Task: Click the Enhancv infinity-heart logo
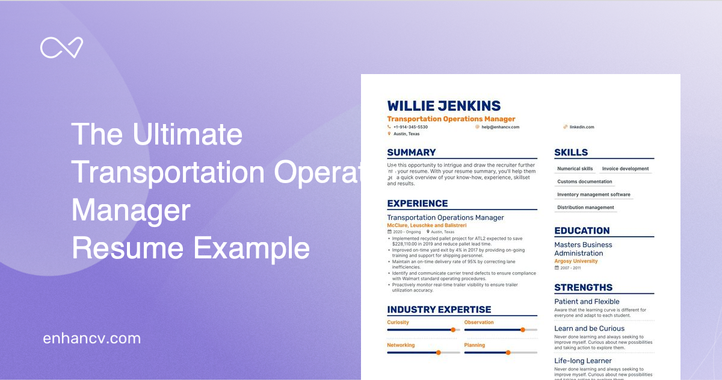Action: pos(61,48)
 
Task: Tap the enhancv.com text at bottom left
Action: pos(91,338)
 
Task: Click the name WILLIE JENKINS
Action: pos(443,106)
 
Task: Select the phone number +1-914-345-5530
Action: pos(410,127)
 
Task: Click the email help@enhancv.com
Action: pos(500,127)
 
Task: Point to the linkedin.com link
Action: pos(582,127)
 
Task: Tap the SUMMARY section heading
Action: pos(412,152)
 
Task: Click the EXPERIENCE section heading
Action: pos(418,204)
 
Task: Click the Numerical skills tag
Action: pos(575,169)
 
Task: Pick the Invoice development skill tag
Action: pos(625,169)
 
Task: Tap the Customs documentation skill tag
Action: pos(584,182)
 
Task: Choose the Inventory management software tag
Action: pos(593,195)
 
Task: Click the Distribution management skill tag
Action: pos(585,207)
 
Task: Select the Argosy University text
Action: pos(576,261)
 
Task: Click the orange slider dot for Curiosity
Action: pos(453,329)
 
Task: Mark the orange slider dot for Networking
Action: pos(438,352)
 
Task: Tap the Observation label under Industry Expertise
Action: pos(479,322)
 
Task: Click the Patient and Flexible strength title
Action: pos(587,302)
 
